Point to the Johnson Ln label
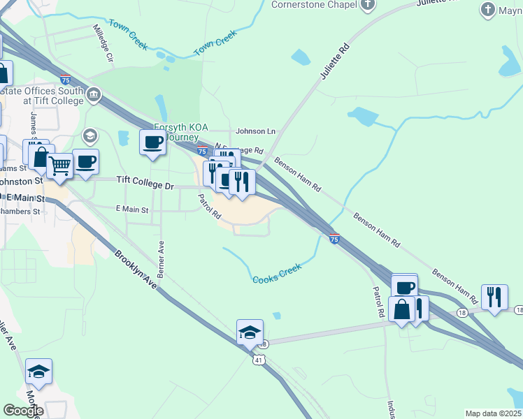click(256, 131)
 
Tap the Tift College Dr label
click(144, 179)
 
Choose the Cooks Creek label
click(277, 273)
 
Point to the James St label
click(33, 126)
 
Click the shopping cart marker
click(60, 166)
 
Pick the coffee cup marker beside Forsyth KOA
click(153, 142)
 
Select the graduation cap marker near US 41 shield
click(250, 332)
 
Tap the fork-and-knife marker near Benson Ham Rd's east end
click(494, 296)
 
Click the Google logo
click(23, 411)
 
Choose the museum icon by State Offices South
click(94, 94)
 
